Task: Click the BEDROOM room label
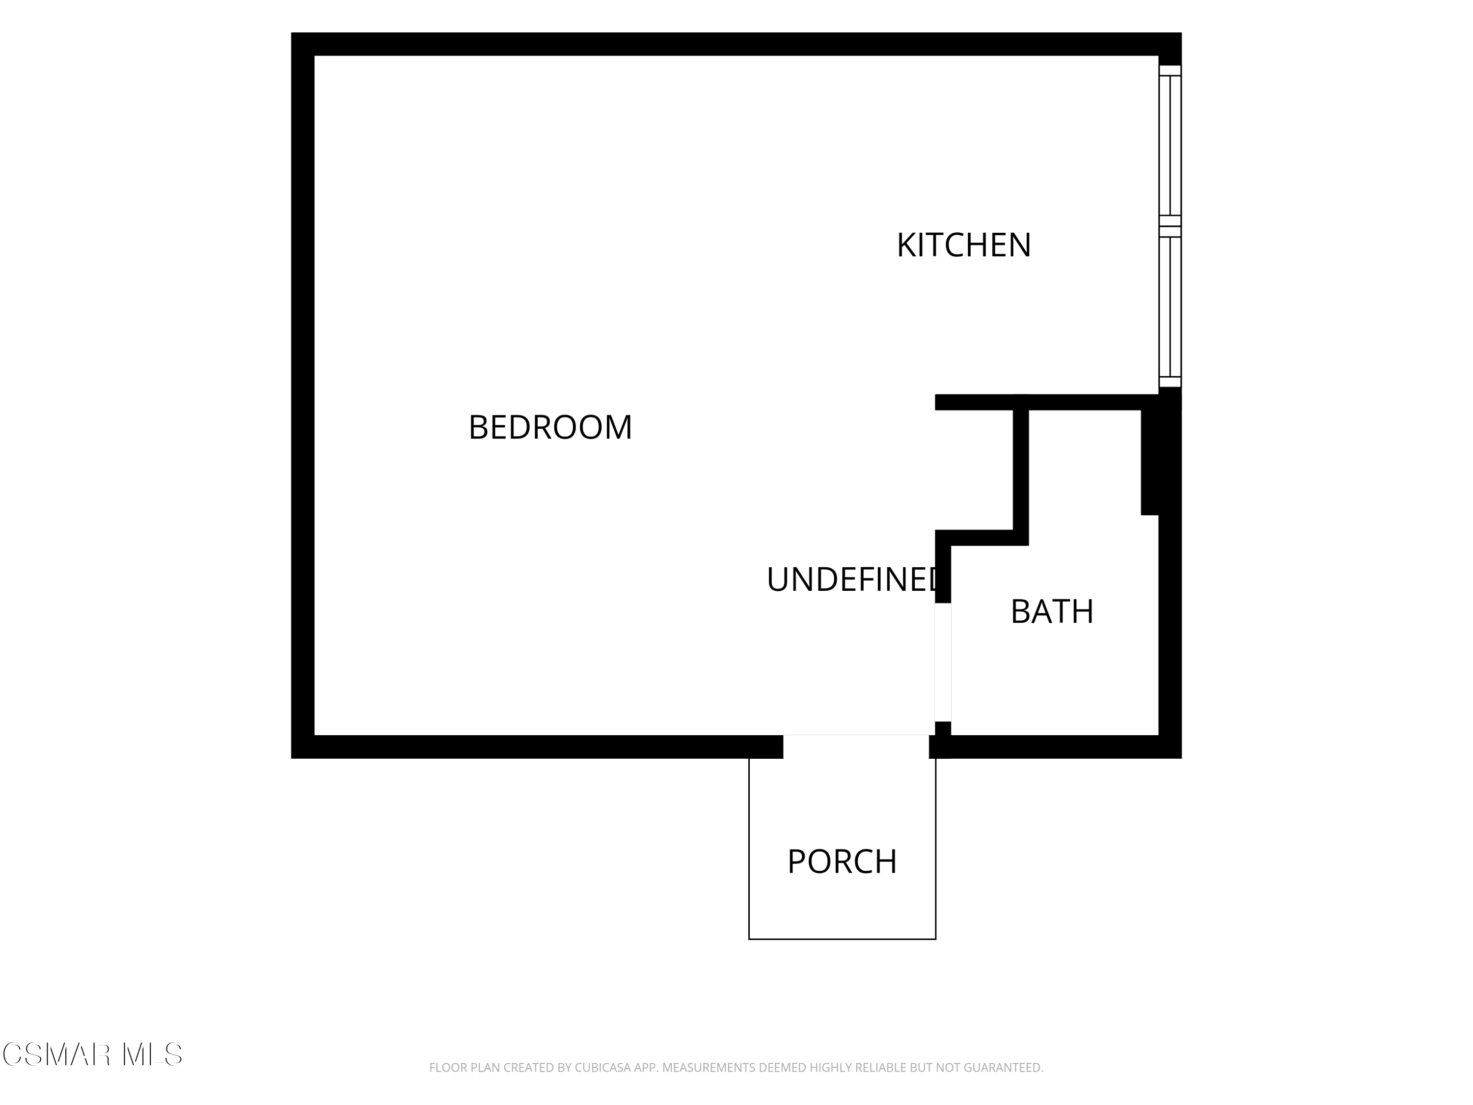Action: [x=550, y=428]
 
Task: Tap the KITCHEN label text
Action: [x=963, y=245]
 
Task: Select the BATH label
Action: [x=1052, y=611]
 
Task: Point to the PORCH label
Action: [x=842, y=862]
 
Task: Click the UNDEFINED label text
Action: [x=852, y=580]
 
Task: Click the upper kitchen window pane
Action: [x=1170, y=145]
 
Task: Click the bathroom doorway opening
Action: [x=943, y=662]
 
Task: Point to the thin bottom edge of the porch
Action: [x=843, y=939]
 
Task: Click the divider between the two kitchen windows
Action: [x=1170, y=226]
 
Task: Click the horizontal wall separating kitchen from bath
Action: [x=1047, y=402]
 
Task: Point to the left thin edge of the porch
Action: [x=749, y=849]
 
